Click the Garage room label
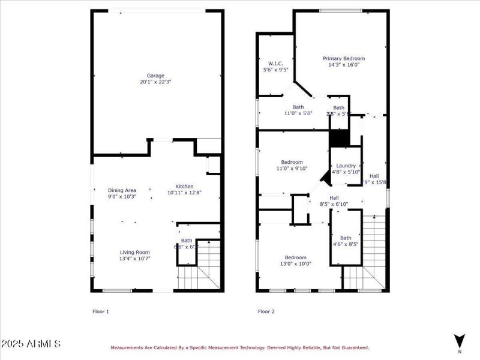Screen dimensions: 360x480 155,76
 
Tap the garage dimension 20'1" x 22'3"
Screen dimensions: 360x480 155,82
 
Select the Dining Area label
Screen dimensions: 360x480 122,190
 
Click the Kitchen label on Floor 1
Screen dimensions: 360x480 184,186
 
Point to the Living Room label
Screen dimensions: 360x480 134,252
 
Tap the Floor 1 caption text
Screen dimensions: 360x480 100,311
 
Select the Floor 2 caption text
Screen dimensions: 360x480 266,311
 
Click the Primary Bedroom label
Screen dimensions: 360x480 344,59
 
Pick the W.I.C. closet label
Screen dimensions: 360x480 275,63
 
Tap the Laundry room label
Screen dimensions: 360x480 346,166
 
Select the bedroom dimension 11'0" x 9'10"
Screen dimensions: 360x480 292,169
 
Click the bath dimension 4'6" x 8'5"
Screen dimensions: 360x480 346,244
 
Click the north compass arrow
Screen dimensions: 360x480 460,340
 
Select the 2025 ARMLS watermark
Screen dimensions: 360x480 31,344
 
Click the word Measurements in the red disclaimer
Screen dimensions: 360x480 127,347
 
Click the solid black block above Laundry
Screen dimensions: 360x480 339,139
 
